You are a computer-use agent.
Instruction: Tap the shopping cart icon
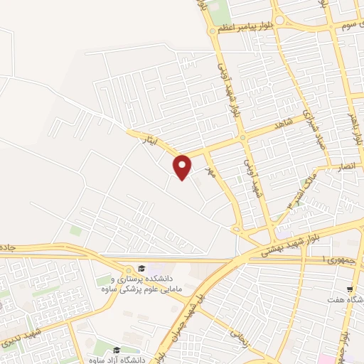coord(349,289)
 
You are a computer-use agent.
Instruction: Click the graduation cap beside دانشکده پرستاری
coord(141,268)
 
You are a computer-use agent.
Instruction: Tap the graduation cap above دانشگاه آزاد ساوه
coord(116,349)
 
